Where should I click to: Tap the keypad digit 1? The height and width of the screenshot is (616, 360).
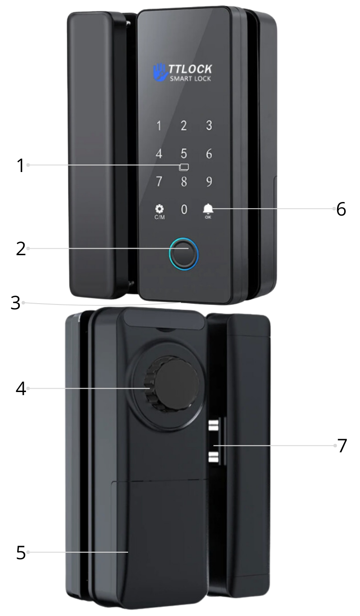(159, 126)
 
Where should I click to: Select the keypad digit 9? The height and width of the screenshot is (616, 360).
(209, 181)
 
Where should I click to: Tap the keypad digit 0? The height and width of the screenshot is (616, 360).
(184, 209)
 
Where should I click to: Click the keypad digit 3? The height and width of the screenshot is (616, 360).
(209, 125)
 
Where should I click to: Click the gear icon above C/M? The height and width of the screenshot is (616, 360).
(159, 209)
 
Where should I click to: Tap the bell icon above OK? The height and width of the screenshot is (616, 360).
(208, 209)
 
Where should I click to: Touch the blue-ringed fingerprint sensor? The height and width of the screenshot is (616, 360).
(184, 254)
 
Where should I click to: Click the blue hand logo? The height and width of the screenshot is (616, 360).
(160, 72)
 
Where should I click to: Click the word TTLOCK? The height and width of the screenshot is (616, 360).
(190, 69)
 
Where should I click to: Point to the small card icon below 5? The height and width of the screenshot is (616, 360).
(184, 167)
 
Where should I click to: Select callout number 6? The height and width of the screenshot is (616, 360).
(341, 209)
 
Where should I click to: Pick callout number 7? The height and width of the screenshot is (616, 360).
(342, 445)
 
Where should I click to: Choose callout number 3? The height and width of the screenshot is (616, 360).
(15, 303)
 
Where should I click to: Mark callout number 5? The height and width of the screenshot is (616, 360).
(21, 552)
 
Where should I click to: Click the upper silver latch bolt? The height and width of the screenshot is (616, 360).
(213, 425)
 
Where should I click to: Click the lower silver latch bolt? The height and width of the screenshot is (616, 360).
(213, 457)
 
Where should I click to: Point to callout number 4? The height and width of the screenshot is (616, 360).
(21, 389)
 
